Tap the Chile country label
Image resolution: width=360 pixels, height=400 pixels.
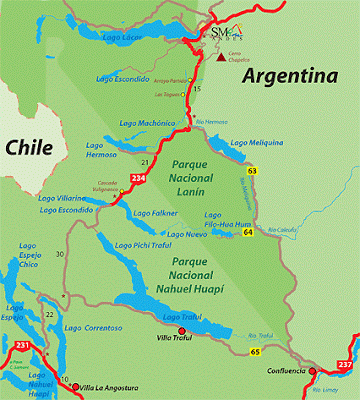[x=29, y=147]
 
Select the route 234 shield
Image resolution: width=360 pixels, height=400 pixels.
[x=137, y=178]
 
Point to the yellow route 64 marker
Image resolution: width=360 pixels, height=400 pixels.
[x=247, y=233]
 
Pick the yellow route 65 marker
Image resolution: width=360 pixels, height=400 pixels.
[x=256, y=351]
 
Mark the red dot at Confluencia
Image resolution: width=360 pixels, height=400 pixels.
[x=313, y=371]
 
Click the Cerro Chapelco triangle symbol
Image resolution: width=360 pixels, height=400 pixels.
[x=220, y=58]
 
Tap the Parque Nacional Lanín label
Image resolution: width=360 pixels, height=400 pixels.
[x=195, y=174]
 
